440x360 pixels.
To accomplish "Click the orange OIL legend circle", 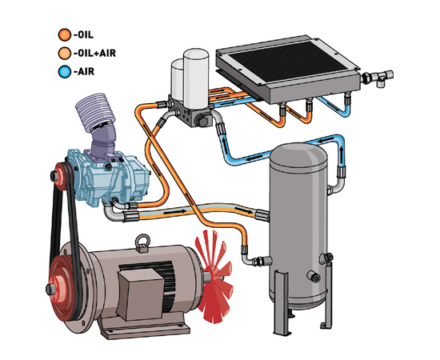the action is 65,34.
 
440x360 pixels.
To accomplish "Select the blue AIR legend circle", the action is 65,71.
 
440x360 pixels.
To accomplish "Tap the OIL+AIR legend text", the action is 95,53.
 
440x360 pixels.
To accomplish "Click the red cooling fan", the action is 214,277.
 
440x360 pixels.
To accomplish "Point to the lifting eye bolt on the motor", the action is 143,243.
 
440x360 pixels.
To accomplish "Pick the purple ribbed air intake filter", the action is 95,111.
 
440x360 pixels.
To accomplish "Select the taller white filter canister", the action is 196,77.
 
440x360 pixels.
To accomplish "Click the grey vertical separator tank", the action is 298,226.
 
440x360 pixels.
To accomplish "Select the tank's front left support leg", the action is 281,302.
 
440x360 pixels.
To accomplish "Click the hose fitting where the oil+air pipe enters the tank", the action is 262,215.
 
